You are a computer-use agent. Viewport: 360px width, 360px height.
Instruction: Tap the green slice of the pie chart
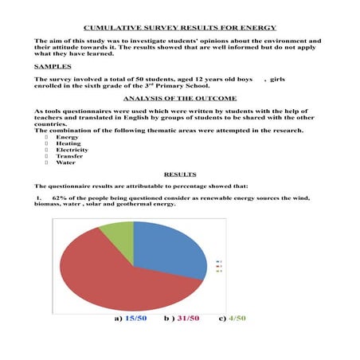pyautogui.click(x=118, y=233)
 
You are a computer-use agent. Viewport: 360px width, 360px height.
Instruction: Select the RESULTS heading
pyautogui.click(x=179, y=172)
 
